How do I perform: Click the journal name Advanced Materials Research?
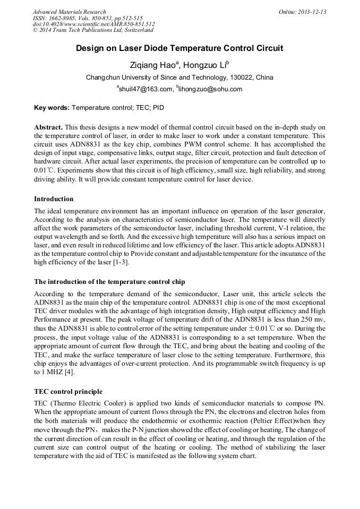69,12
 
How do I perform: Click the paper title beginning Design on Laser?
179,48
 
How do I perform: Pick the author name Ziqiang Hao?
153,65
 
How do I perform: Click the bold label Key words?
52,108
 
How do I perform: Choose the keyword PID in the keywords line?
158,108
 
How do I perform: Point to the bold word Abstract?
48,127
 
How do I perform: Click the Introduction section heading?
54,199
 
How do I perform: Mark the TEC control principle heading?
68,392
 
